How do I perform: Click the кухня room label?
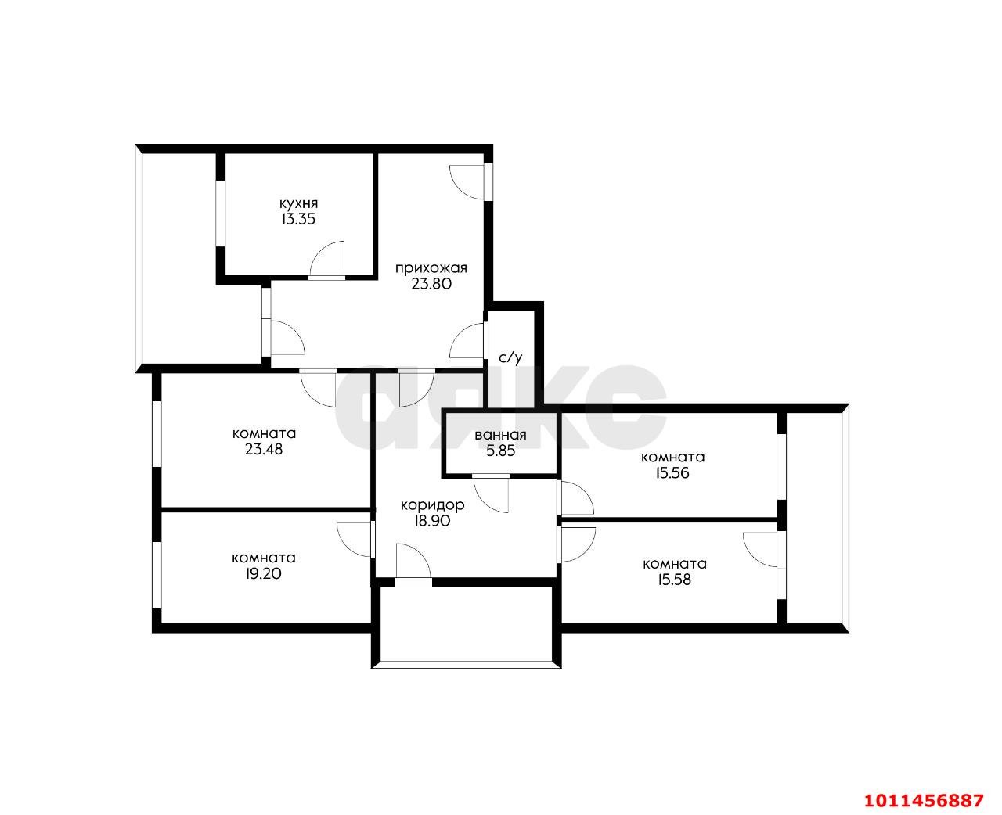[298, 203]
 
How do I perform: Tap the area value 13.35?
[298, 220]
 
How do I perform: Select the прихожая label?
[431, 268]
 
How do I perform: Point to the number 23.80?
[431, 285]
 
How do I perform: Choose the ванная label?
[500, 435]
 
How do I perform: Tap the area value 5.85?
[500, 451]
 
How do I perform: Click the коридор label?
[432, 505]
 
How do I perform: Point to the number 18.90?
[432, 522]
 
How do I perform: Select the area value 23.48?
[264, 450]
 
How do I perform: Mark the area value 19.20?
[263, 574]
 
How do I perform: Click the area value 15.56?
[672, 473]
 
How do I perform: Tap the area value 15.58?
[674, 580]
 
